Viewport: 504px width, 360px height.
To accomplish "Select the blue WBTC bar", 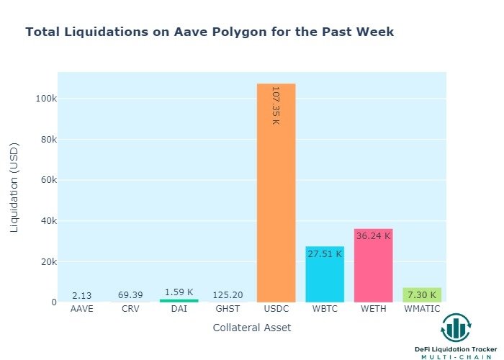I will coord(325,277).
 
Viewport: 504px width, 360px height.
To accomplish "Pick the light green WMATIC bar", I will coord(422,294).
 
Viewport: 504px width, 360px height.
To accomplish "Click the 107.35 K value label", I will coord(276,105).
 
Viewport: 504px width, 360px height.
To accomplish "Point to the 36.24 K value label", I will coord(373,235).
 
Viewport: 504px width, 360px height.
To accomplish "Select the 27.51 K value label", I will coord(325,253).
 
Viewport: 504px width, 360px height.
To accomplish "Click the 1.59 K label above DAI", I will coord(179,292).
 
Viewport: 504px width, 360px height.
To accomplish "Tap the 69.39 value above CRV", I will coord(130,295).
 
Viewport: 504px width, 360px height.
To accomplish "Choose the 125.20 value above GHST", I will coord(228,295).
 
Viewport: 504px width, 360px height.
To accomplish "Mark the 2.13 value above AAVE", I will coord(81,295).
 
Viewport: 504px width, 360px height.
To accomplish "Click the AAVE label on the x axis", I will coord(81,309).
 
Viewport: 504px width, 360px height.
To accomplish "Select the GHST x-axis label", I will coord(228,309).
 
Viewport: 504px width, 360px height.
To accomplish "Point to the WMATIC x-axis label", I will coord(422,309).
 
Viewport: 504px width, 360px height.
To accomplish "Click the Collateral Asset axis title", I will coord(251,328).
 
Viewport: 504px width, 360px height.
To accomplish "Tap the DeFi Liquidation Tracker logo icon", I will coord(456,328).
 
